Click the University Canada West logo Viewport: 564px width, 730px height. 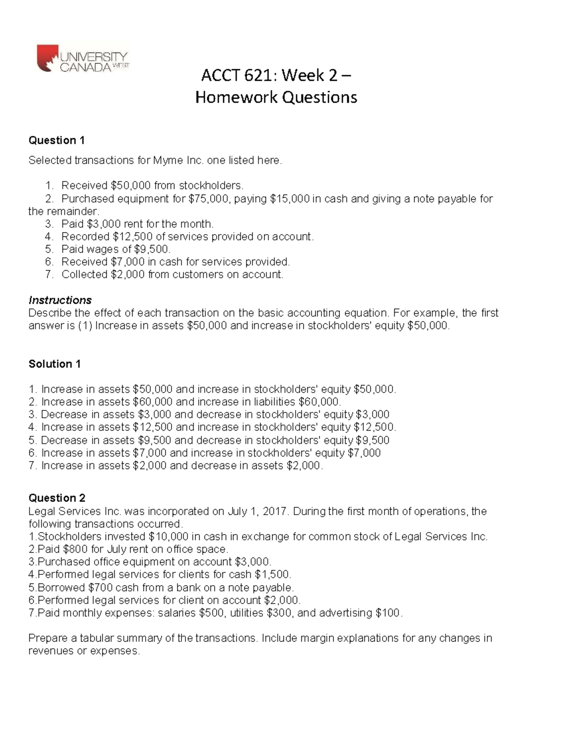pyautogui.click(x=83, y=59)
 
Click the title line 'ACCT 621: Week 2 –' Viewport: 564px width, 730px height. pyautogui.click(x=276, y=75)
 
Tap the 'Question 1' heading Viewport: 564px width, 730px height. pyautogui.click(x=56, y=140)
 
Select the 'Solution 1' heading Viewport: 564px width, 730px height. pyautogui.click(x=55, y=364)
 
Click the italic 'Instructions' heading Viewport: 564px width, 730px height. pyautogui.click(x=60, y=300)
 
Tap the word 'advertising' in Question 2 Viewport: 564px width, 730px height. pyautogui.click(x=345, y=613)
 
